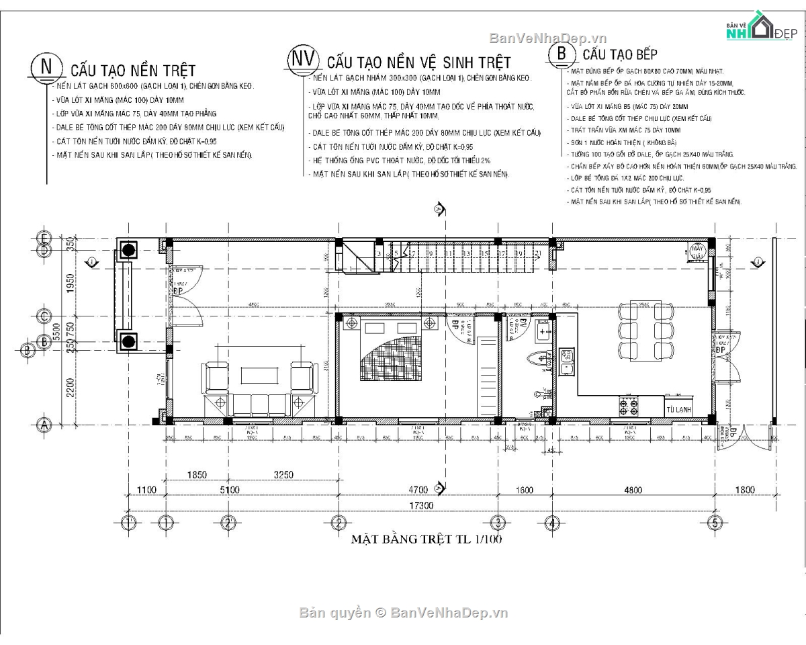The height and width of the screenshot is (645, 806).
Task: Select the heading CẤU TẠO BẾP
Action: click(619, 54)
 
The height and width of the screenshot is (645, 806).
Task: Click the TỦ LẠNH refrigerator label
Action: click(676, 409)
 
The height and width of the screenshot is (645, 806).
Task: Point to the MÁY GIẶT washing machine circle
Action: click(699, 252)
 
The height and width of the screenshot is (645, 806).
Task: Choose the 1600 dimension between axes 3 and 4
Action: click(525, 490)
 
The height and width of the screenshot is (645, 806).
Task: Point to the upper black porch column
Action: click(128, 251)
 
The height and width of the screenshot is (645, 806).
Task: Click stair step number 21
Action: click(538, 253)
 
